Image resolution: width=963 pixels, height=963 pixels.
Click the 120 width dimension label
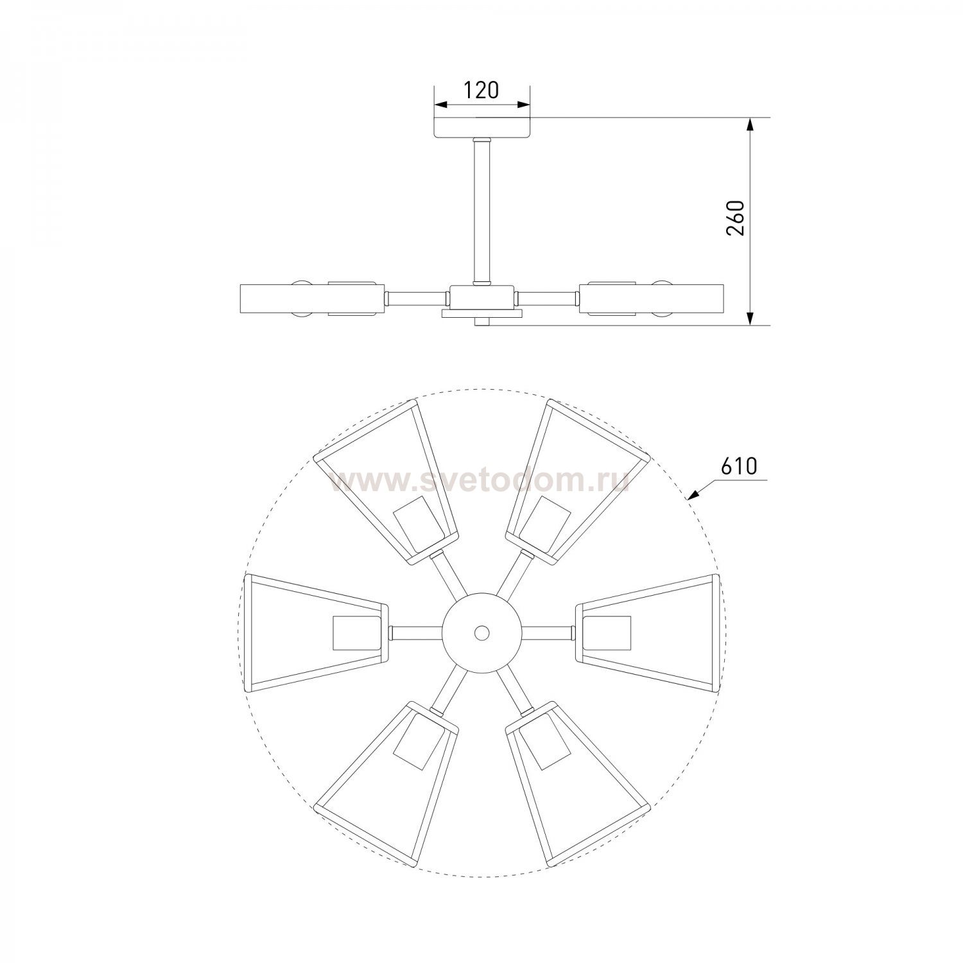[x=482, y=91]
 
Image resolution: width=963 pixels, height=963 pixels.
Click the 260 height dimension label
[x=736, y=218]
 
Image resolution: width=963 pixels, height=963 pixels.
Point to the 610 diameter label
[x=738, y=467]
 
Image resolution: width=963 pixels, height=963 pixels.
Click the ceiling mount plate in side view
[x=483, y=128]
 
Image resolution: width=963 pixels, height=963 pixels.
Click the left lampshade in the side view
[x=312, y=299]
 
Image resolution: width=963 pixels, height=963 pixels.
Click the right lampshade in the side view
[x=652, y=299]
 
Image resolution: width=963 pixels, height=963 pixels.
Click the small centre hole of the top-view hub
[x=481, y=632]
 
